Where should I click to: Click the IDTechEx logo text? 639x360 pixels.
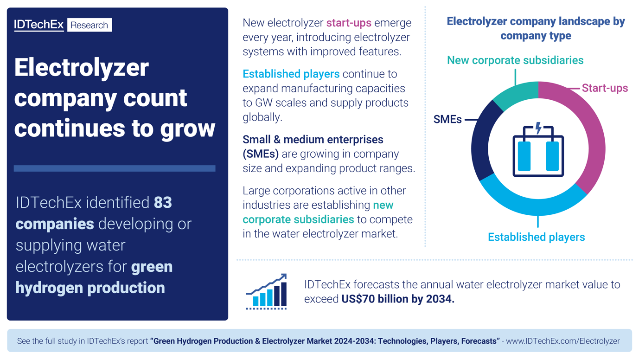(38, 25)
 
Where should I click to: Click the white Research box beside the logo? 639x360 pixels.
(89, 25)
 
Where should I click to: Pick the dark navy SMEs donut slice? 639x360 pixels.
(482, 139)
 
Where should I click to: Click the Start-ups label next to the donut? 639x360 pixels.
(605, 88)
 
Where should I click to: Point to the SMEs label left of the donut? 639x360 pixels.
(447, 120)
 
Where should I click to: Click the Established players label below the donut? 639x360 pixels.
(536, 237)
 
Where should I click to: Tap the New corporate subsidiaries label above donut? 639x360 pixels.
(515, 60)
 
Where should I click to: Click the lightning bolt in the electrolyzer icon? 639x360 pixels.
(538, 128)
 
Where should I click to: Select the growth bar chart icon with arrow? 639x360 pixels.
(267, 292)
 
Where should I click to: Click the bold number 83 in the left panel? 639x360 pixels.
(163, 203)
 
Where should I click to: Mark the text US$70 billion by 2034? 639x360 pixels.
(397, 299)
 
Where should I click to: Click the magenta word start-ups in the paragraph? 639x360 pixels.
(349, 23)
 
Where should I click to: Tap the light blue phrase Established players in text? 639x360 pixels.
(291, 74)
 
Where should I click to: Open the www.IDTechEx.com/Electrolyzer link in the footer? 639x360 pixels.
(562, 341)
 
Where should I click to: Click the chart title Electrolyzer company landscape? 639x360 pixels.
(536, 28)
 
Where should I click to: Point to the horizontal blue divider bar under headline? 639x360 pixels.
(115, 168)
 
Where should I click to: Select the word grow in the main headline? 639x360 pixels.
(188, 129)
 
